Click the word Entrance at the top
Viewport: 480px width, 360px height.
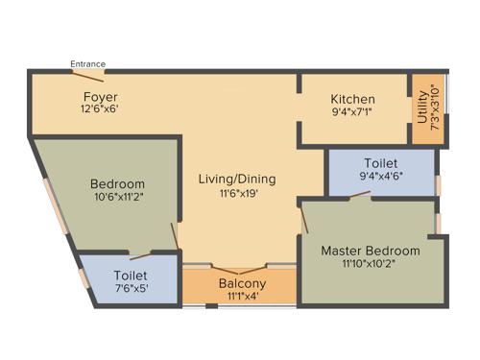click(x=87, y=64)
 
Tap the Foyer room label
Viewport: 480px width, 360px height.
click(x=100, y=98)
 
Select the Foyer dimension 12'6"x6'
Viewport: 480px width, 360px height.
click(x=100, y=109)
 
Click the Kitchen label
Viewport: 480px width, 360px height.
click(x=352, y=100)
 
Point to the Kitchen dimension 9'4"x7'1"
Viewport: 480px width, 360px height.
click(x=352, y=112)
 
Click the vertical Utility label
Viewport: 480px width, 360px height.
click(x=422, y=108)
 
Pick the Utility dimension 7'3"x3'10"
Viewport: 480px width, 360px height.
click(x=435, y=108)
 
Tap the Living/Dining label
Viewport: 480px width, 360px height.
click(x=237, y=179)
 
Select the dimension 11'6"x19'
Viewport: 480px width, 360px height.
click(x=237, y=192)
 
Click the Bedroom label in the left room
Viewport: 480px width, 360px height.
click(x=117, y=184)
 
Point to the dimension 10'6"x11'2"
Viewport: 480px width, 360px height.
click(x=117, y=197)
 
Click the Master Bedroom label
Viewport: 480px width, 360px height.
click(x=370, y=251)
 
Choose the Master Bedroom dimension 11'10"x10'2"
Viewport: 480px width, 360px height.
click(x=370, y=263)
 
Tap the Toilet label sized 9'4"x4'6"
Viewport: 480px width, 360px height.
click(x=380, y=164)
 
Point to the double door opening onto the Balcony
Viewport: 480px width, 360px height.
click(x=238, y=268)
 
